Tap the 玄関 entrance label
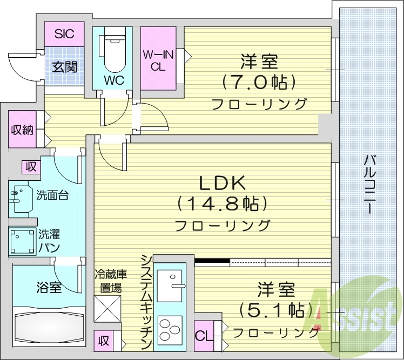coord(64,67)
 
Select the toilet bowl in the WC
coord(114,55)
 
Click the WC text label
coord(114,80)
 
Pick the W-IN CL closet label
coord(157,60)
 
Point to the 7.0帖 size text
coord(259,82)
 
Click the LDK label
coord(222,184)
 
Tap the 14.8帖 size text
coord(222,204)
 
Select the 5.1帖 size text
coord(276,310)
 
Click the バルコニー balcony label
coord(370,184)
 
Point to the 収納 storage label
coord(22,130)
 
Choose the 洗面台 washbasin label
coord(52,195)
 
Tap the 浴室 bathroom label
coord(48,287)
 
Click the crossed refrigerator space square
coord(107,309)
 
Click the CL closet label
coord(203,335)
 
